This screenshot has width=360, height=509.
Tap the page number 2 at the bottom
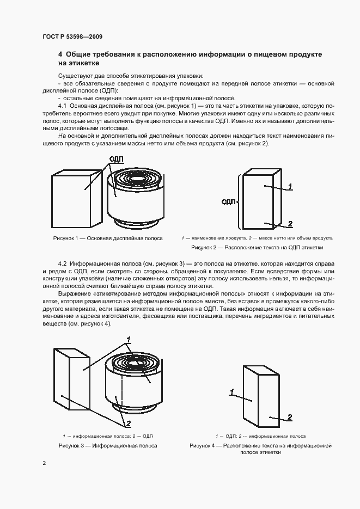click(x=44, y=463)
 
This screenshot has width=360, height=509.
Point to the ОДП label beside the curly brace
click(x=228, y=202)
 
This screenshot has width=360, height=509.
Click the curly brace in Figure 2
click(x=239, y=201)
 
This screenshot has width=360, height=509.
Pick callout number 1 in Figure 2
click(x=290, y=187)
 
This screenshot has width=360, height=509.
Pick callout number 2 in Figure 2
click(x=290, y=224)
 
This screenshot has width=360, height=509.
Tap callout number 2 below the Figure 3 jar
click(x=129, y=424)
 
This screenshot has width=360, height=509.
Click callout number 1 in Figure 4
click(x=232, y=391)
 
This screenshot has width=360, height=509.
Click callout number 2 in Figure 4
click(x=290, y=417)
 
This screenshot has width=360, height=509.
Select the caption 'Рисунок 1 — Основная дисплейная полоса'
click(x=108, y=238)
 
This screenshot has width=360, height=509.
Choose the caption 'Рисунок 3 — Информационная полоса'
click(x=108, y=445)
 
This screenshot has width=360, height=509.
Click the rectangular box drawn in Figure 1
click(x=76, y=199)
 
